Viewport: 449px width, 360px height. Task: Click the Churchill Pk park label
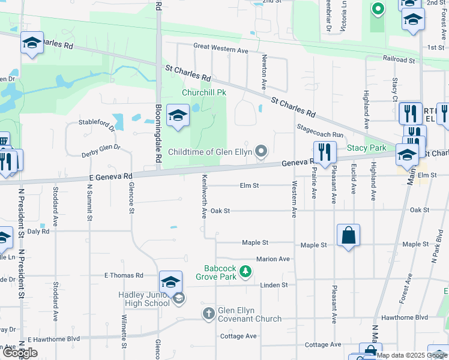pyautogui.click(x=203, y=93)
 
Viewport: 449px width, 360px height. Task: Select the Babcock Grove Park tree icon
pyautogui.click(x=245, y=272)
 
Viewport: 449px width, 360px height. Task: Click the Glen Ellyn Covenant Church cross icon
pyautogui.click(x=208, y=314)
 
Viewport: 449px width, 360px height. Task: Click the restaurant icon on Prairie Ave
pyautogui.click(x=325, y=152)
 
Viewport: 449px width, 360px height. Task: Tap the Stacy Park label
pyautogui.click(x=366, y=148)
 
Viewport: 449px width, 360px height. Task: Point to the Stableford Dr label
pyautogui.click(x=97, y=124)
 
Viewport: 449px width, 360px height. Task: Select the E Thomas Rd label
pyautogui.click(x=124, y=275)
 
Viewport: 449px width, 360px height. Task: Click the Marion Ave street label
pyautogui.click(x=273, y=259)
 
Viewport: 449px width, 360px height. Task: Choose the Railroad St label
pyautogui.click(x=399, y=61)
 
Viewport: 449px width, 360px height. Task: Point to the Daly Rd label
pyautogui.click(x=38, y=231)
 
